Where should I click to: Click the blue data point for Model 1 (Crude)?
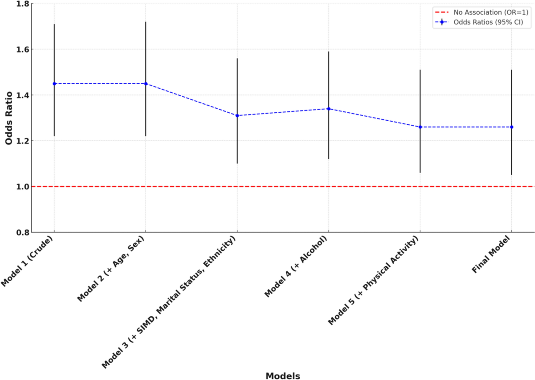(54, 84)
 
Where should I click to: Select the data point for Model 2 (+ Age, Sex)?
(146, 84)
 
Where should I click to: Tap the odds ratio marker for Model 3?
(237, 116)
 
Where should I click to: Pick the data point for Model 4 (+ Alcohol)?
(329, 109)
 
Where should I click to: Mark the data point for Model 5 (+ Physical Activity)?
(420, 127)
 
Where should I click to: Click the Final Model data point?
(511, 127)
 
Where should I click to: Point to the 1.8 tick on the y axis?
(22, 4)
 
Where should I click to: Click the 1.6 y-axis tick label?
(22, 49)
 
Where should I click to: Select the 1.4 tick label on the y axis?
(22, 95)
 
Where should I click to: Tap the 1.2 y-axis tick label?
(22, 141)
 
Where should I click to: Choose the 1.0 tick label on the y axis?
(22, 187)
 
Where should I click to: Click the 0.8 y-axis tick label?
(22, 232)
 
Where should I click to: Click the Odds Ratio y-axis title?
(8, 118)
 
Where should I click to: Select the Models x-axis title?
(283, 376)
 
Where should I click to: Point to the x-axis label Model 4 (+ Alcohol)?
(296, 266)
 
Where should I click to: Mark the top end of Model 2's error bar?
(146, 22)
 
